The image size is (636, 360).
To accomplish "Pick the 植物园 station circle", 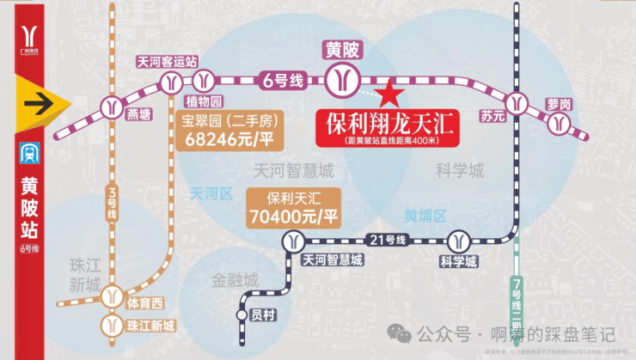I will (x=204, y=82).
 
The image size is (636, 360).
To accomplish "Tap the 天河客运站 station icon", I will (x=170, y=82).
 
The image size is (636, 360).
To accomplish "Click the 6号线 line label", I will (x=283, y=81).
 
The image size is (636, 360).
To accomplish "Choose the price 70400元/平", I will (x=292, y=215).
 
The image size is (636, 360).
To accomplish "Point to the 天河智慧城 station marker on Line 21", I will (x=296, y=240).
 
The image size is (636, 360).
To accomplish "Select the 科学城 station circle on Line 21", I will (x=457, y=239).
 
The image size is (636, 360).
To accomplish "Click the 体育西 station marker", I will (x=112, y=297).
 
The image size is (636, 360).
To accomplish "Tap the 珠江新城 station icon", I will (x=112, y=324).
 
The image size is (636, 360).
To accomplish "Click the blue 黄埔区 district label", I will (x=426, y=216).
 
